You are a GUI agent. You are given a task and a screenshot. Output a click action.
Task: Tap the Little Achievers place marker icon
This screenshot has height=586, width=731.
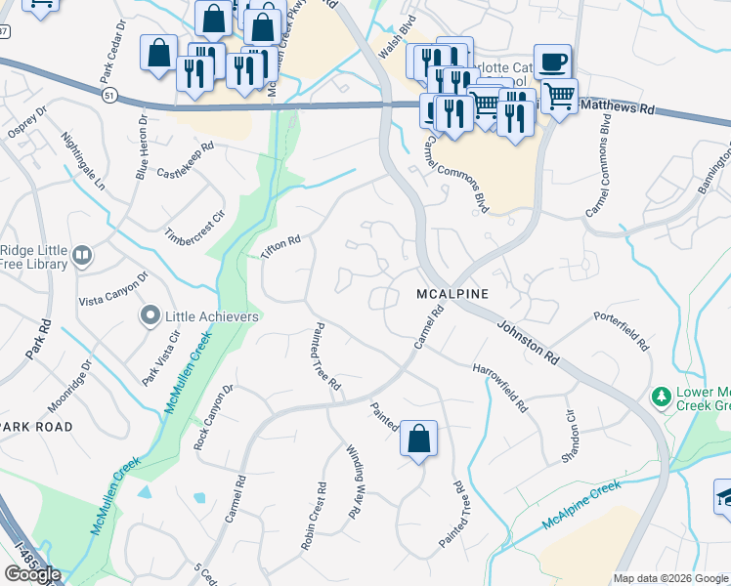(x=150, y=315)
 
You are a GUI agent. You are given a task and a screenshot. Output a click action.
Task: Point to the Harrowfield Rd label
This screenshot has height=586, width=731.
(x=500, y=387)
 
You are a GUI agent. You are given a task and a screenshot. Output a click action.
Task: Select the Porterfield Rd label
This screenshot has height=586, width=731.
(x=622, y=331)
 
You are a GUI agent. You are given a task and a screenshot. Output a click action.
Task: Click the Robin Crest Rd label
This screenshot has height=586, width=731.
(x=314, y=515)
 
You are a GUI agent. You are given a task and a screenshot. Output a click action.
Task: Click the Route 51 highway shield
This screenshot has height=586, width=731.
(x=108, y=94)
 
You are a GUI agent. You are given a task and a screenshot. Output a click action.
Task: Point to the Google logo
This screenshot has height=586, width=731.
(x=31, y=574)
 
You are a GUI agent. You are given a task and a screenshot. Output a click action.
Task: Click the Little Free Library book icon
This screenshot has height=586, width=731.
(x=82, y=257)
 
